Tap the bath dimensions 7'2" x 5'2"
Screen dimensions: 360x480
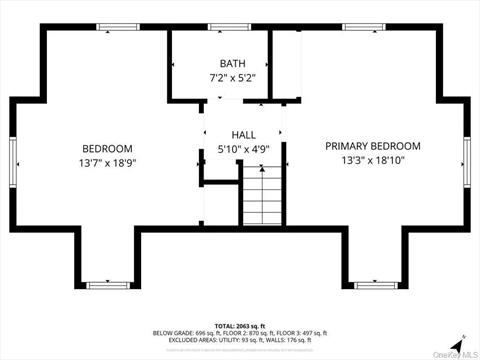pyautogui.click(x=232, y=77)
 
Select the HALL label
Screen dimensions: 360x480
pyautogui.click(x=244, y=134)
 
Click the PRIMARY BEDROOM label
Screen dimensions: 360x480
pyautogui.click(x=373, y=146)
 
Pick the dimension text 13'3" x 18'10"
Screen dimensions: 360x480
pyautogui.click(x=373, y=160)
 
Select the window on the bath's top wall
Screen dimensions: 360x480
pyautogui.click(x=222, y=26)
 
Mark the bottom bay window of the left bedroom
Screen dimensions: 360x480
pyautogui.click(x=107, y=285)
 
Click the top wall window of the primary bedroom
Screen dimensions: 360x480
pyautogui.click(x=358, y=26)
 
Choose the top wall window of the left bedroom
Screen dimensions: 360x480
pyautogui.click(x=112, y=26)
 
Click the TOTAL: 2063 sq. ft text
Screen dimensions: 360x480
pyautogui.click(x=240, y=326)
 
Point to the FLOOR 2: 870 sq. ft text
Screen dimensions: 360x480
pyautogui.click(x=241, y=333)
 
